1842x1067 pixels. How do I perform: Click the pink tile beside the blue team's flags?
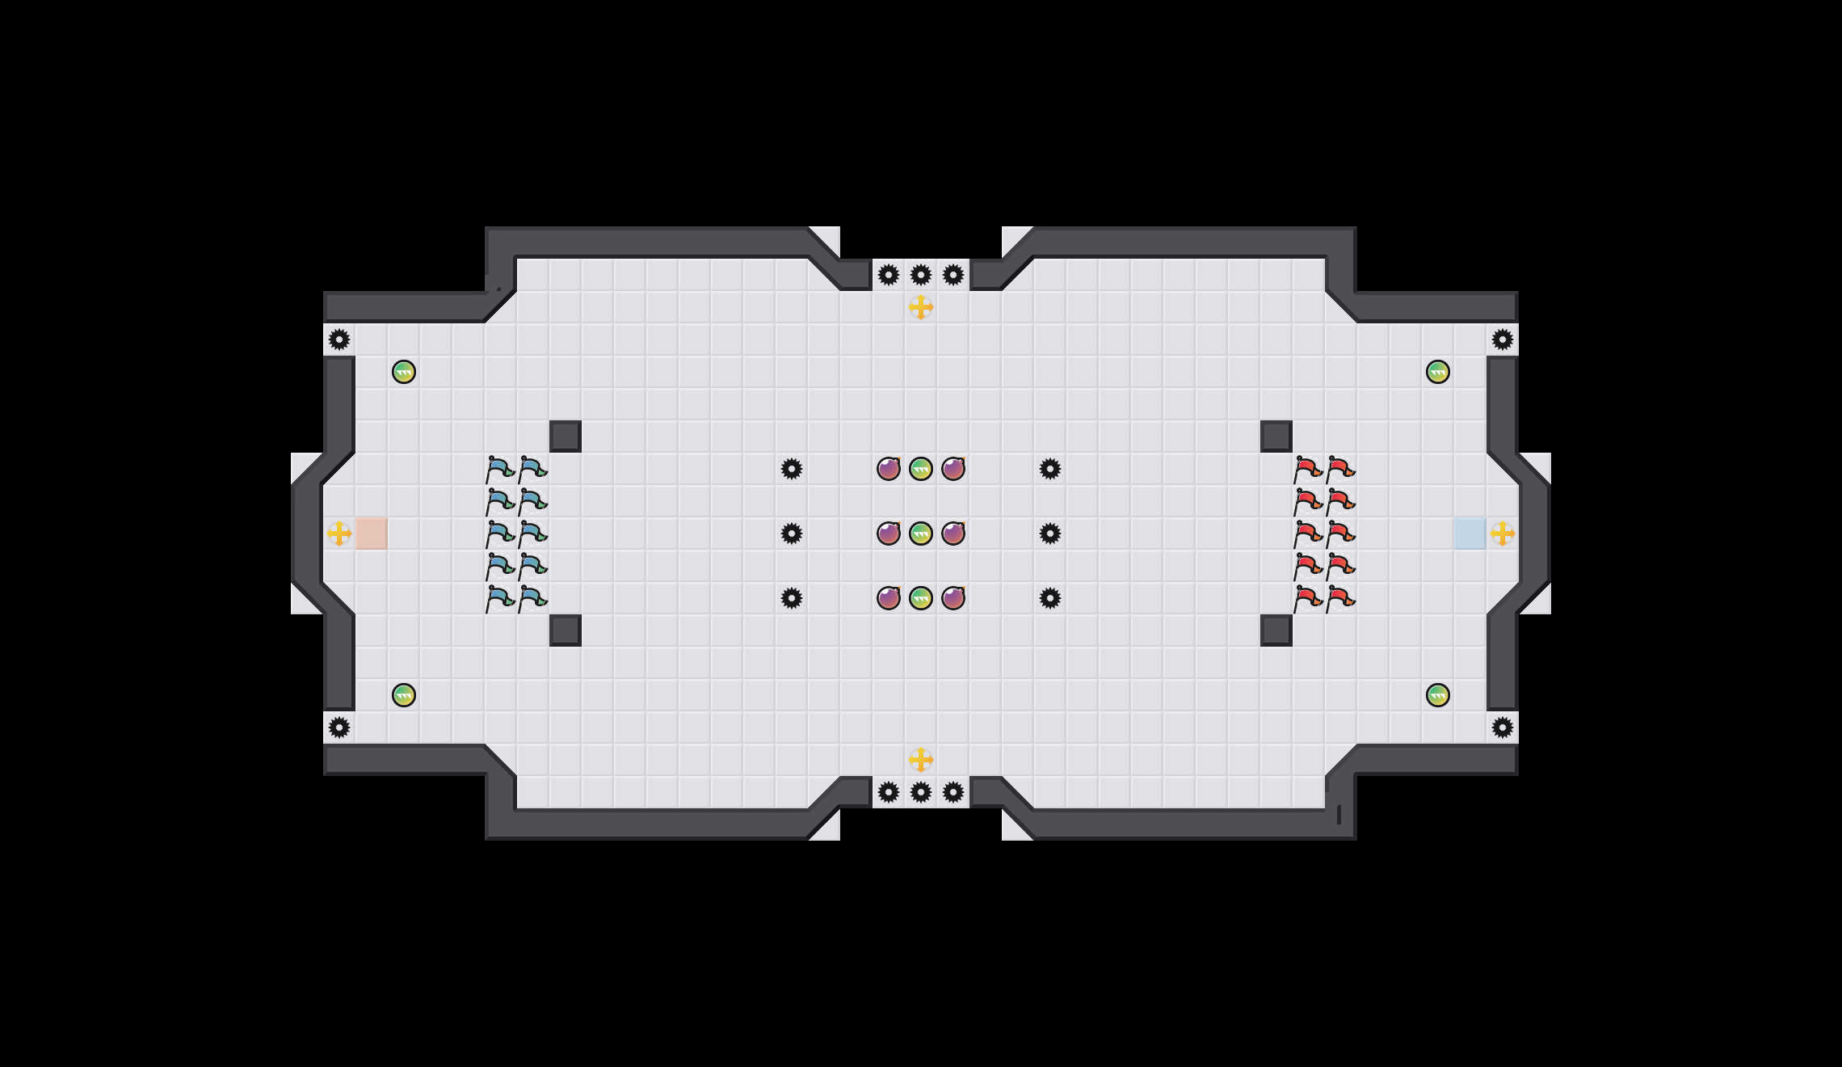pyautogui.click(x=372, y=533)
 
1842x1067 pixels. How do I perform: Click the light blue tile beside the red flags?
pyautogui.click(x=1470, y=533)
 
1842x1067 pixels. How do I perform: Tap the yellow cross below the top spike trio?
pyautogui.click(x=921, y=307)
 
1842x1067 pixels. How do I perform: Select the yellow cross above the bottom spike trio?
pyautogui.click(x=921, y=760)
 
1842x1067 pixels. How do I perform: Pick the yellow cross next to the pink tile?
pyautogui.click(x=339, y=533)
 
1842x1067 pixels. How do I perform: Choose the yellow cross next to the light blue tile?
pyautogui.click(x=1503, y=533)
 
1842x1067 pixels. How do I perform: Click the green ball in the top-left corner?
pyautogui.click(x=404, y=372)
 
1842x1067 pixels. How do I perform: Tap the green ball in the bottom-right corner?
pyautogui.click(x=1438, y=695)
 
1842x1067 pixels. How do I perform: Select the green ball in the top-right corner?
pyautogui.click(x=1438, y=372)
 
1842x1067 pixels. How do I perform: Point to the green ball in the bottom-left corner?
pyautogui.click(x=404, y=695)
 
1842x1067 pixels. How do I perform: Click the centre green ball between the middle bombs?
pyautogui.click(x=921, y=533)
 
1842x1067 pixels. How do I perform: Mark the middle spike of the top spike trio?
pyautogui.click(x=921, y=275)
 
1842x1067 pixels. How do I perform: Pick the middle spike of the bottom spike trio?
pyautogui.click(x=921, y=792)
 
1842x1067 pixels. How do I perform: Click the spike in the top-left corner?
pyautogui.click(x=339, y=339)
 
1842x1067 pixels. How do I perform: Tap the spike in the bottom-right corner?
pyautogui.click(x=1503, y=727)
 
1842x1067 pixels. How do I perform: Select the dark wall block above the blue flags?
pyautogui.click(x=566, y=436)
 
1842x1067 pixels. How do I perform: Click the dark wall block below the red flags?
pyautogui.click(x=1276, y=630)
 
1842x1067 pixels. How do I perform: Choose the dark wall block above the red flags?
pyautogui.click(x=1276, y=436)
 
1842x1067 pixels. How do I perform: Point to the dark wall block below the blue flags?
pyautogui.click(x=566, y=630)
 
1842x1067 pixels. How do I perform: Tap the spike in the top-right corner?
pyautogui.click(x=1503, y=339)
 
